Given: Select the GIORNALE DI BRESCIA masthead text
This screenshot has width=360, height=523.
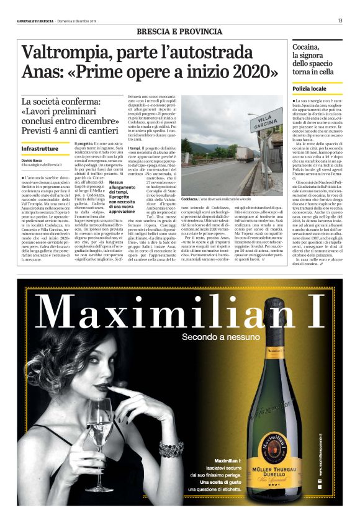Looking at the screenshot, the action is coord(35,21).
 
